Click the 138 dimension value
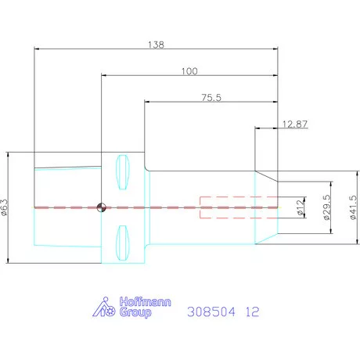[156, 45]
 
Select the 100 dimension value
[189, 71]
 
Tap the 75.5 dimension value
[211, 98]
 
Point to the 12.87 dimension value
[295, 124]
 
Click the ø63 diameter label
[5, 207]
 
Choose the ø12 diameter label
[301, 207]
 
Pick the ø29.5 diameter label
[327, 207]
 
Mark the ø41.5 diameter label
[353, 207]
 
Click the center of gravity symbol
[101, 207]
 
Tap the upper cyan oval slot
[122, 172]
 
